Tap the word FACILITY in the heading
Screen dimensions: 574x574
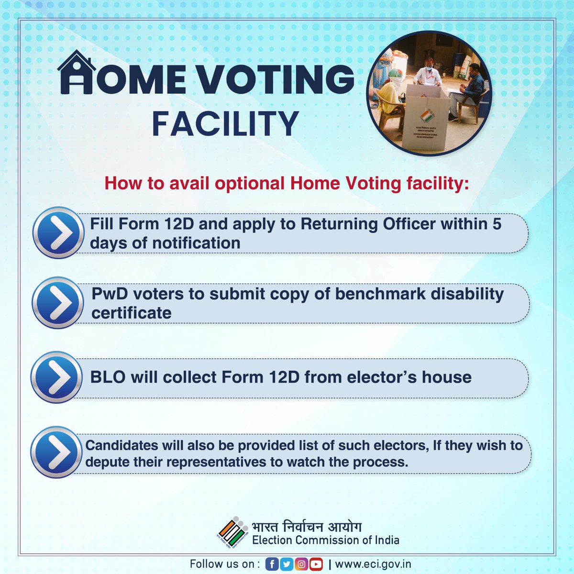click(x=225, y=124)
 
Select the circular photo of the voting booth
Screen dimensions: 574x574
click(x=429, y=94)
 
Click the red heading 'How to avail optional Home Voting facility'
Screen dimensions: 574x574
click(x=287, y=184)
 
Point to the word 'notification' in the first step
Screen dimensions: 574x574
click(x=196, y=243)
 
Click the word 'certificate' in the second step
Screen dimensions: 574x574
click(x=132, y=313)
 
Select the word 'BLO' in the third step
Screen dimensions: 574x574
click(x=108, y=377)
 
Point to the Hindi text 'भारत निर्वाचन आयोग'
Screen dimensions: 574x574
click(x=307, y=527)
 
